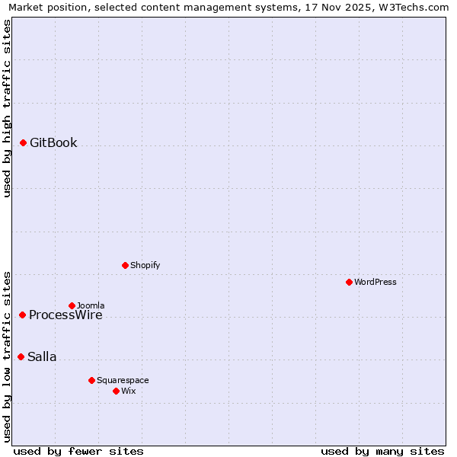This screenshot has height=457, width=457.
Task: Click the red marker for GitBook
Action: [24, 142]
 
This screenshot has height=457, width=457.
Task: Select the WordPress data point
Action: [349, 282]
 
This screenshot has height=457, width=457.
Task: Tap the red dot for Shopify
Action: [125, 265]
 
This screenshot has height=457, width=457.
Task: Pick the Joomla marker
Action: [72, 305]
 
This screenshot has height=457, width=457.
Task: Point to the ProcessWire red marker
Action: [23, 315]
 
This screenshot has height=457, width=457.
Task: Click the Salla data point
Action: [21, 356]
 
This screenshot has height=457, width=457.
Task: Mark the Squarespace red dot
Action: [91, 380]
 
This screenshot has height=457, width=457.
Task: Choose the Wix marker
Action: [116, 391]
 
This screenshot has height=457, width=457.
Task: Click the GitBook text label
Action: [53, 143]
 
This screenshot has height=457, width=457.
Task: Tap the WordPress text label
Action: [376, 282]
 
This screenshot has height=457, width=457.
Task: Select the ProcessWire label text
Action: [66, 315]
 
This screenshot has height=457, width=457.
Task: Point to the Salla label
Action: [42, 357]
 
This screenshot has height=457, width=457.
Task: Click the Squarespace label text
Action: [123, 380]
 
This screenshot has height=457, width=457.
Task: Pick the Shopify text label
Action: [145, 265]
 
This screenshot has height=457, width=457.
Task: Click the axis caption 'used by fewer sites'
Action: [78, 451]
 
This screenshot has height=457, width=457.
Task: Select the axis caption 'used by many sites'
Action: [382, 451]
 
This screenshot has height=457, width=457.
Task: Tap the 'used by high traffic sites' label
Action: [7, 108]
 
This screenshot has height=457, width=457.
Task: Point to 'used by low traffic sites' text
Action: [7, 356]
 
